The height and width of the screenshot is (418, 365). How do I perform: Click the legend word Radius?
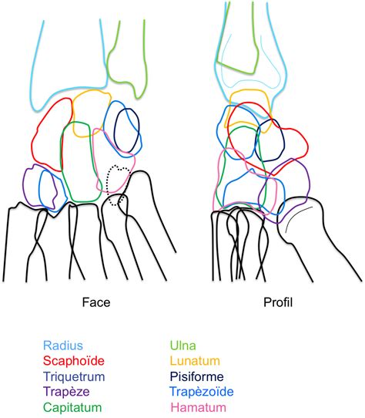click(x=63, y=346)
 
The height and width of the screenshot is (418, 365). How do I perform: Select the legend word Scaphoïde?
click(x=74, y=361)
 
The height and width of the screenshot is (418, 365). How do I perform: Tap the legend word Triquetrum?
click(x=74, y=376)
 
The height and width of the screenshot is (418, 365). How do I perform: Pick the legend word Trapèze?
click(x=66, y=392)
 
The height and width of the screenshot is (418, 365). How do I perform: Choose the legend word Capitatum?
click(x=72, y=407)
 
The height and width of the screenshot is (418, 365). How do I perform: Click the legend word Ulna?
click(x=183, y=346)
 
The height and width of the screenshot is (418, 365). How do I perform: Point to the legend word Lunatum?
click(x=195, y=361)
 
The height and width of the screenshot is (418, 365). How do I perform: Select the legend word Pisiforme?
click(x=196, y=376)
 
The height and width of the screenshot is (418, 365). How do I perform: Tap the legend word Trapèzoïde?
click(x=202, y=392)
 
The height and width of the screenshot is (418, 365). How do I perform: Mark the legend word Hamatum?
click(x=198, y=407)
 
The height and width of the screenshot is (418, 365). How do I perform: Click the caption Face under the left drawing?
click(x=96, y=302)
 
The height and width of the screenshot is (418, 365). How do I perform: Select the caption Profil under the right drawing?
click(x=278, y=302)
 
